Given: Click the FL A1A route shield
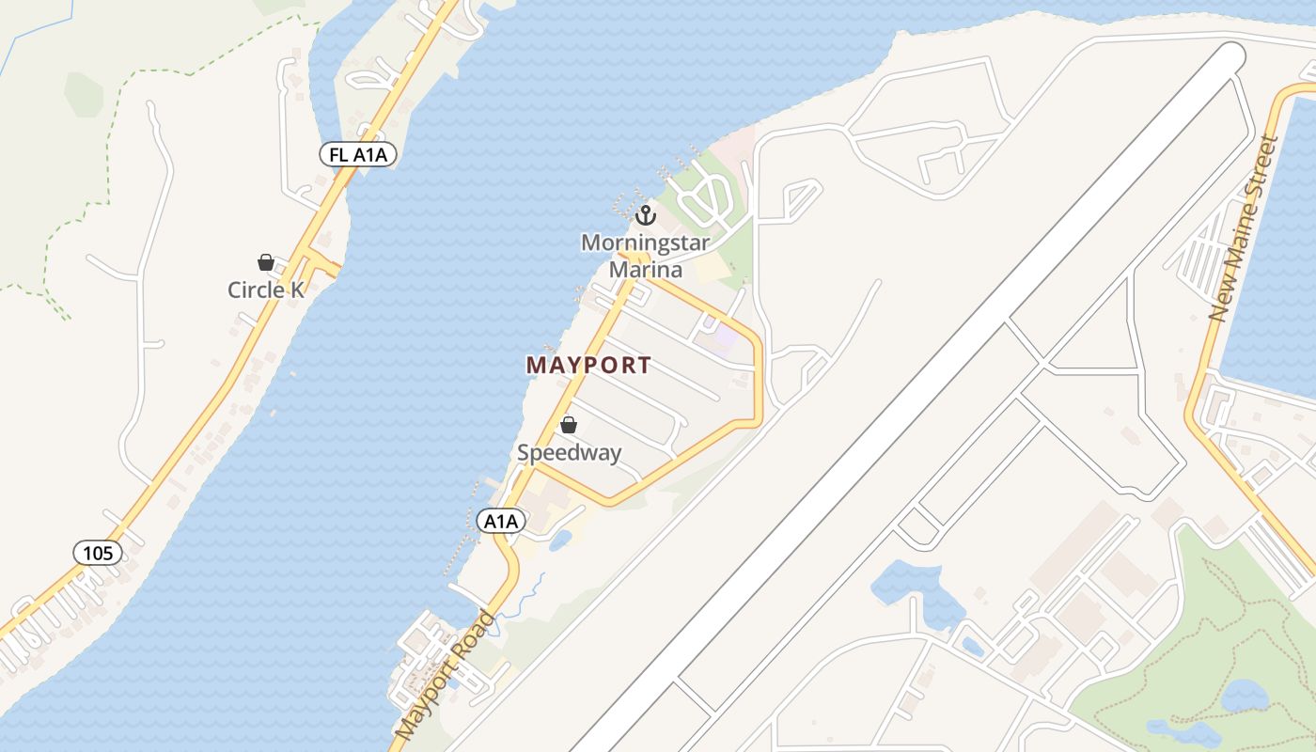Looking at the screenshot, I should (357, 155).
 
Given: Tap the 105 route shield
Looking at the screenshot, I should (98, 553).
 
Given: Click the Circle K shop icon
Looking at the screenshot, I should (266, 262).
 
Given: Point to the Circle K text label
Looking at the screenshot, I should (266, 290).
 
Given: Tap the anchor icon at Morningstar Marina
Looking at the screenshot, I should (645, 215).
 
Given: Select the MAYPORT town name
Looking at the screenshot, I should (588, 366).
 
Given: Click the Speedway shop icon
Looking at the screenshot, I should (568, 425).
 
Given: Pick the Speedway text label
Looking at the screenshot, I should (569, 453).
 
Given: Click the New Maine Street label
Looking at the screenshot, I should (1244, 228).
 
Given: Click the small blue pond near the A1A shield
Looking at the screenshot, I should (559, 540).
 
